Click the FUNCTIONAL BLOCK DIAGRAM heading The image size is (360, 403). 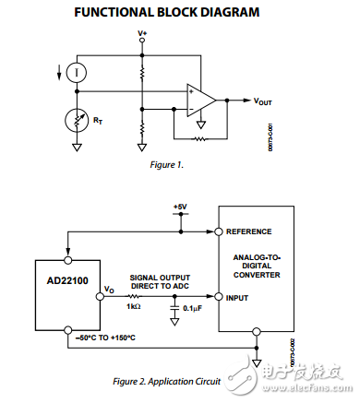(x=179, y=12)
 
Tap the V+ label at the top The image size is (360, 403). (x=142, y=33)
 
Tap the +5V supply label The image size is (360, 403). (x=181, y=206)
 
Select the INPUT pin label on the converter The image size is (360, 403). (x=238, y=298)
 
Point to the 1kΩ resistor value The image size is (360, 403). (x=135, y=306)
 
